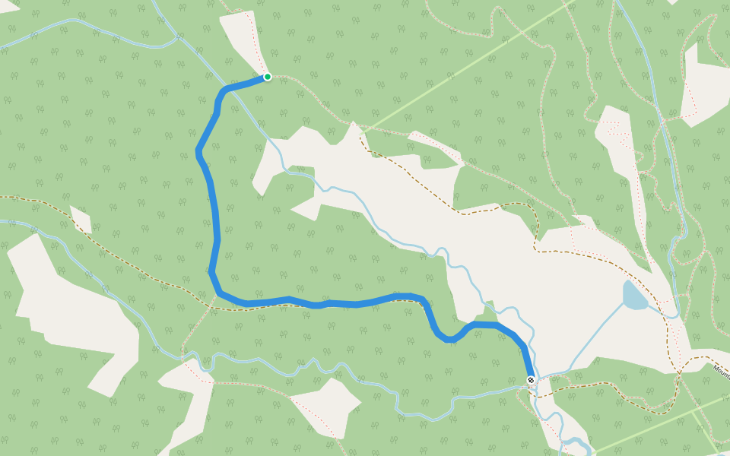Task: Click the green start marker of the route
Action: point(268,77)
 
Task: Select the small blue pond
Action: point(633,296)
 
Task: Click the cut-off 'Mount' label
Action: point(721,370)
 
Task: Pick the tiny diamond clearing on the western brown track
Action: point(81,220)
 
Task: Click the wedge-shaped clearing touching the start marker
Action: point(242,42)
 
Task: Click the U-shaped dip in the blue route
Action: point(449,337)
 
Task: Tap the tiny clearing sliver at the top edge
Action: point(672,2)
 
